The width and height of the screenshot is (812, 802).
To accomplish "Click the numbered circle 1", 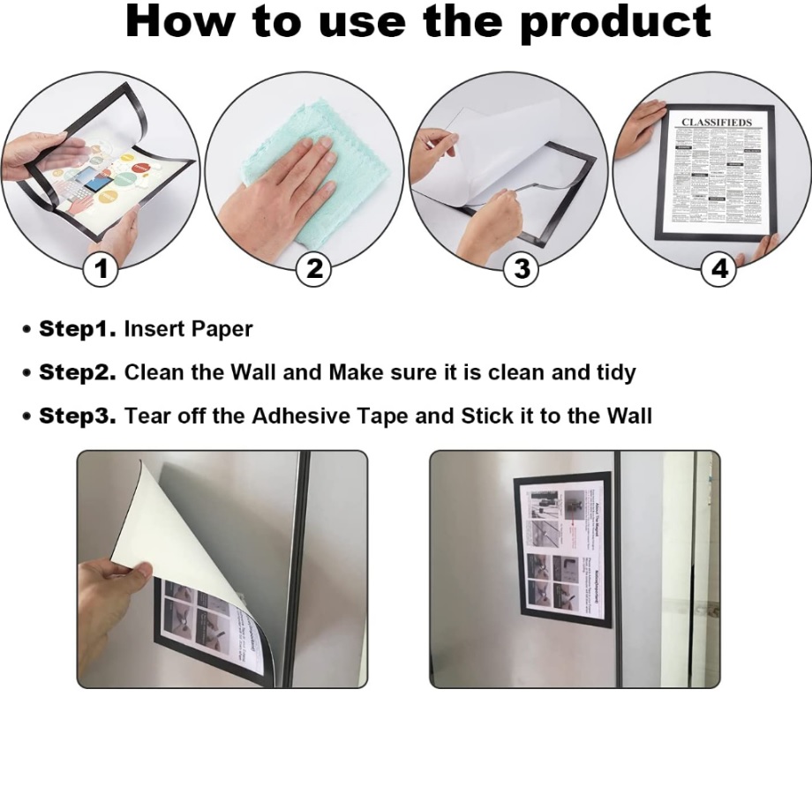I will pos(101,269).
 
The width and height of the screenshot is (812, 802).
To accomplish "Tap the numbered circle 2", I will pos(315,269).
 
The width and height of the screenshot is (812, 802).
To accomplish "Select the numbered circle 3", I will pos(522,269).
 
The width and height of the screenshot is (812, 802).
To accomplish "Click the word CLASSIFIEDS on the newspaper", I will pos(716,123).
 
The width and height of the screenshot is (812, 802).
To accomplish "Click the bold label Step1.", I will pos(78,329).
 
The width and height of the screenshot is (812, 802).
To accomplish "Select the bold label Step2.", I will pos(78,372).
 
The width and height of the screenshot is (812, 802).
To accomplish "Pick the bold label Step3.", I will pos(78,416).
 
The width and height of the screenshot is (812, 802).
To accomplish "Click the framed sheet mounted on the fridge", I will pos(563,549).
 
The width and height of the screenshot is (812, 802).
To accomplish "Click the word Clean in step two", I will pos(155,372).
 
